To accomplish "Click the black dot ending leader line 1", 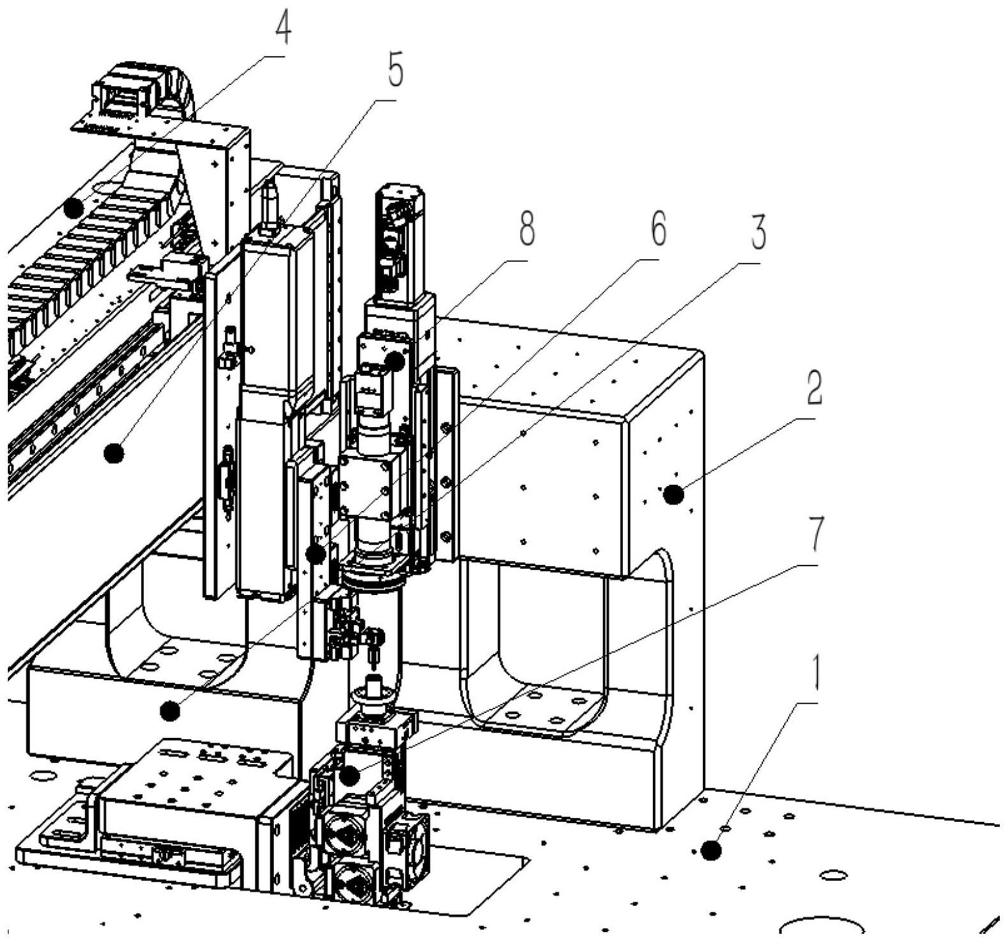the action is click(x=710, y=851).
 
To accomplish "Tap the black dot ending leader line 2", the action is click(x=672, y=495).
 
